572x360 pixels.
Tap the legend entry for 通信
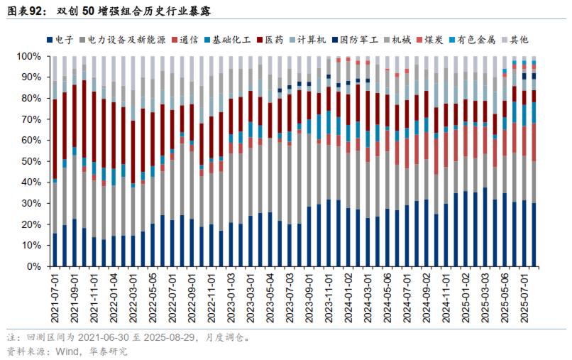pyautogui.click(x=187, y=40)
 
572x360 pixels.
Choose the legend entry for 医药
pyautogui.click(x=273, y=40)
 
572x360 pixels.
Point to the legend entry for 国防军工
pyautogui.click(x=356, y=40)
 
